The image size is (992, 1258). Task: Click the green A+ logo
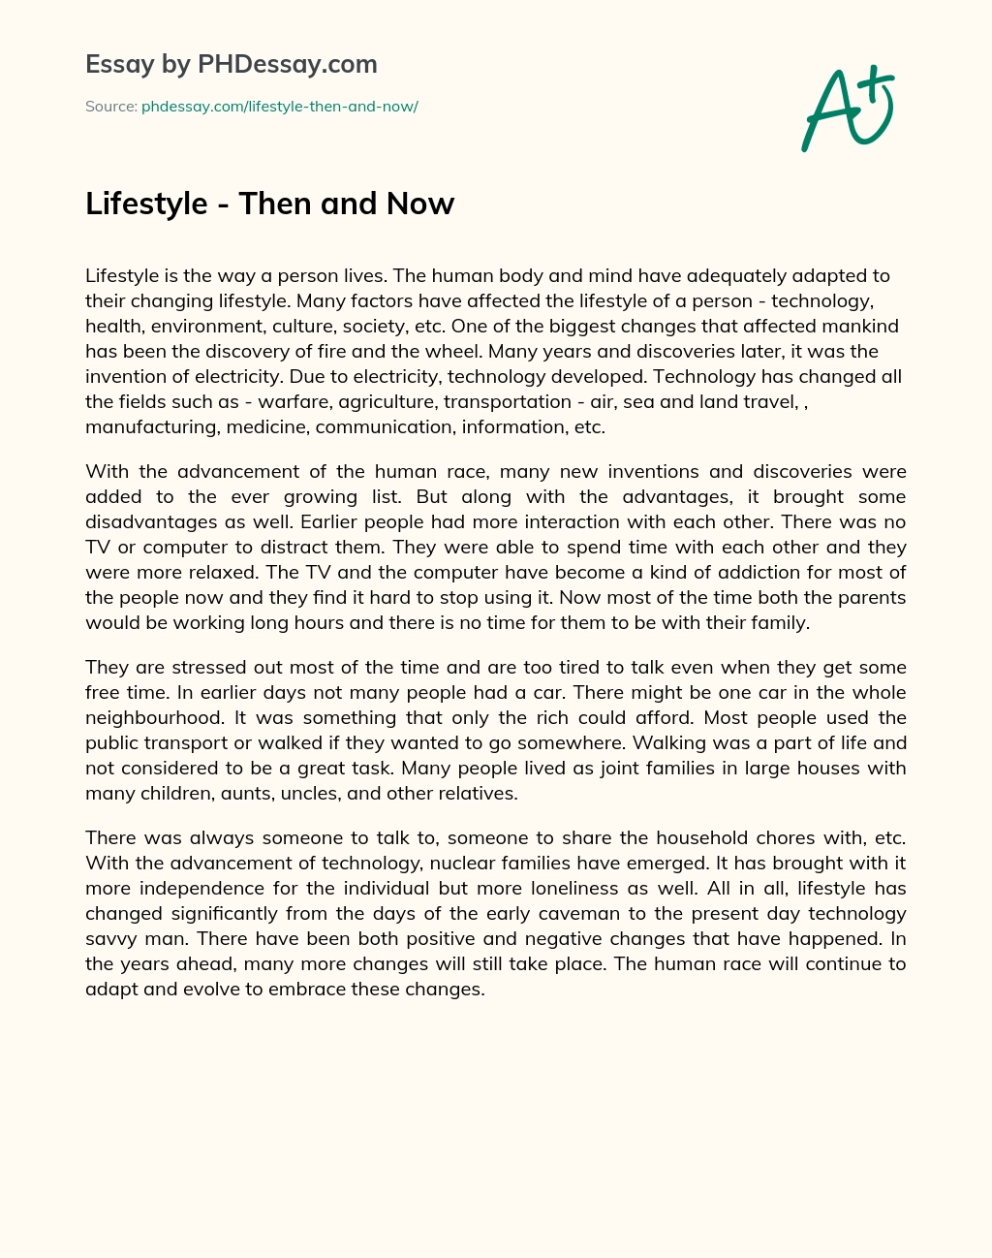[x=847, y=109]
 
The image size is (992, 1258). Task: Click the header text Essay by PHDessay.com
[x=231, y=65]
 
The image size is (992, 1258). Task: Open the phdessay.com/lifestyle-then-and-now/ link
[x=279, y=107]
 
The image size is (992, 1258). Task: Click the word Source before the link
[x=109, y=107]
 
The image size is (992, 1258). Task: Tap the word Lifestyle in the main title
[x=146, y=204]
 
